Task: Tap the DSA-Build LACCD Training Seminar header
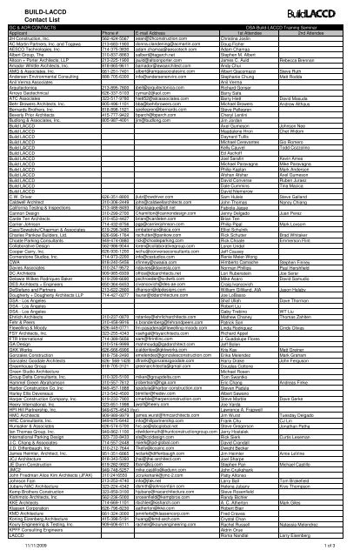[261, 30]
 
